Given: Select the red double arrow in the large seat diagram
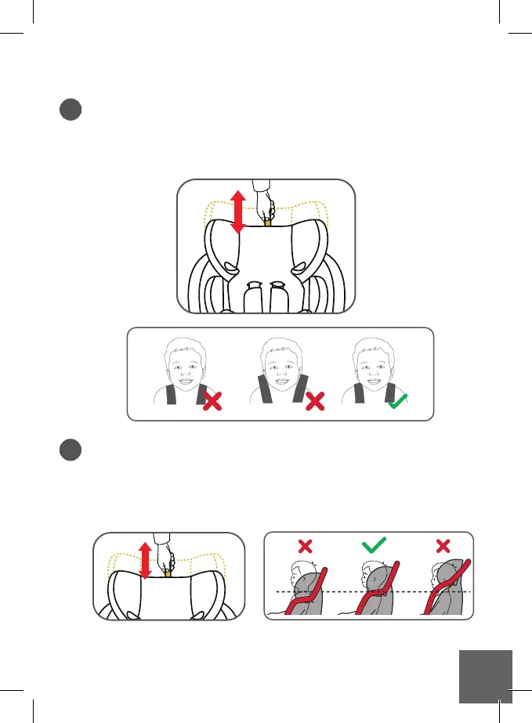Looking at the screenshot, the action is [239, 211].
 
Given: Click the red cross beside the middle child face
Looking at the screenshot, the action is [314, 403].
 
